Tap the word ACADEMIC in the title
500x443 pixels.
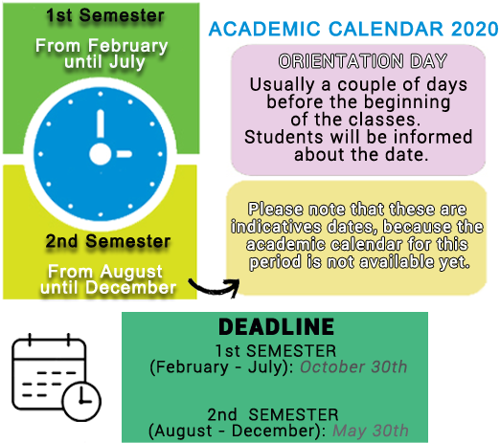click(x=264, y=29)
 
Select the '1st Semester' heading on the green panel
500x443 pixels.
click(x=105, y=15)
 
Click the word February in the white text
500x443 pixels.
click(x=128, y=46)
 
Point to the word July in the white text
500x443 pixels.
click(x=126, y=61)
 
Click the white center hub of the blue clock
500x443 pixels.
click(x=101, y=154)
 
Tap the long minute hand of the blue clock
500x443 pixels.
click(x=101, y=123)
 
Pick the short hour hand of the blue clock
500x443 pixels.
click(x=125, y=154)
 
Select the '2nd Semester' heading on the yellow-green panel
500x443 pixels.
click(x=107, y=241)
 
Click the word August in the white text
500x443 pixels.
click(x=131, y=272)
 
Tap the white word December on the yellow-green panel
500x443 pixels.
click(x=130, y=287)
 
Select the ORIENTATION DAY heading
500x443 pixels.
click(x=362, y=61)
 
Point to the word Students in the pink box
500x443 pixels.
click(x=284, y=137)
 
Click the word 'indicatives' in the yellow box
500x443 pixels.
click(x=276, y=227)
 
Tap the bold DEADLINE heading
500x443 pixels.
click(x=276, y=326)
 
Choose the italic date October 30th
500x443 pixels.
click(x=353, y=366)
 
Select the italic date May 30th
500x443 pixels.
click(x=371, y=431)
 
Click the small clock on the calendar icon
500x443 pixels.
click(x=81, y=401)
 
